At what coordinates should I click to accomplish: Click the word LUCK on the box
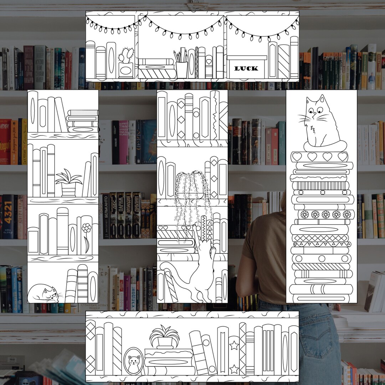246,68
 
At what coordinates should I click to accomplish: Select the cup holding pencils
181,69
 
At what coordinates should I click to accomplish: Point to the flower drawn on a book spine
86,228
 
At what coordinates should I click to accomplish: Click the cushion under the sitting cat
320,146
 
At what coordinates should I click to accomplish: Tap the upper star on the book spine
234,345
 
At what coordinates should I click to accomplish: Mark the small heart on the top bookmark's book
209,62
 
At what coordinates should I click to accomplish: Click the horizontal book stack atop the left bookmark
82,121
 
